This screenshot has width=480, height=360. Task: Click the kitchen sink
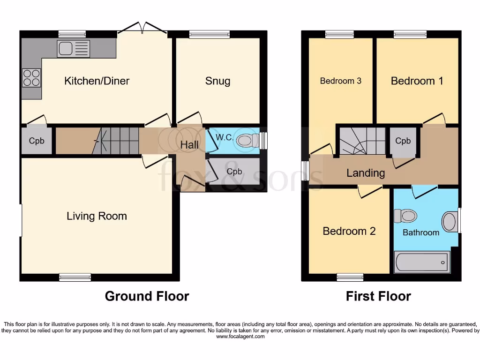[74, 49]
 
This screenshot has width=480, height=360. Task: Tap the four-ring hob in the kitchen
[31, 78]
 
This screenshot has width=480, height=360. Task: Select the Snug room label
[217, 81]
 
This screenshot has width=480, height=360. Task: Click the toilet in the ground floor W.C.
[247, 141]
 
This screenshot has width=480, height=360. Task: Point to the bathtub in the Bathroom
[422, 262]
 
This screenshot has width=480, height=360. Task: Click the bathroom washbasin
[450, 221]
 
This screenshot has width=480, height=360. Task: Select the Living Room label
[97, 216]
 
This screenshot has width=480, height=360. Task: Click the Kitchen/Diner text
[97, 81]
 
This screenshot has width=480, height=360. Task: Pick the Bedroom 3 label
[341, 81]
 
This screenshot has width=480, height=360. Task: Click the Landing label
[366, 173]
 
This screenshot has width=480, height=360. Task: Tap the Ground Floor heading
[147, 296]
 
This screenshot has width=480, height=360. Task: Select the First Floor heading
[378, 296]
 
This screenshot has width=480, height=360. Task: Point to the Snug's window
[210, 34]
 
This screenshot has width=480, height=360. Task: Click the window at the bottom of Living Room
[75, 277]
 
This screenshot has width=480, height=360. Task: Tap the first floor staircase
[363, 141]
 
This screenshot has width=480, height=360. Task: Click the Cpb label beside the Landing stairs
[403, 141]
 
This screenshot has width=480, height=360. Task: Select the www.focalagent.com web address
[240, 337]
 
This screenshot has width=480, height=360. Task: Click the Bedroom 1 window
[410, 34]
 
